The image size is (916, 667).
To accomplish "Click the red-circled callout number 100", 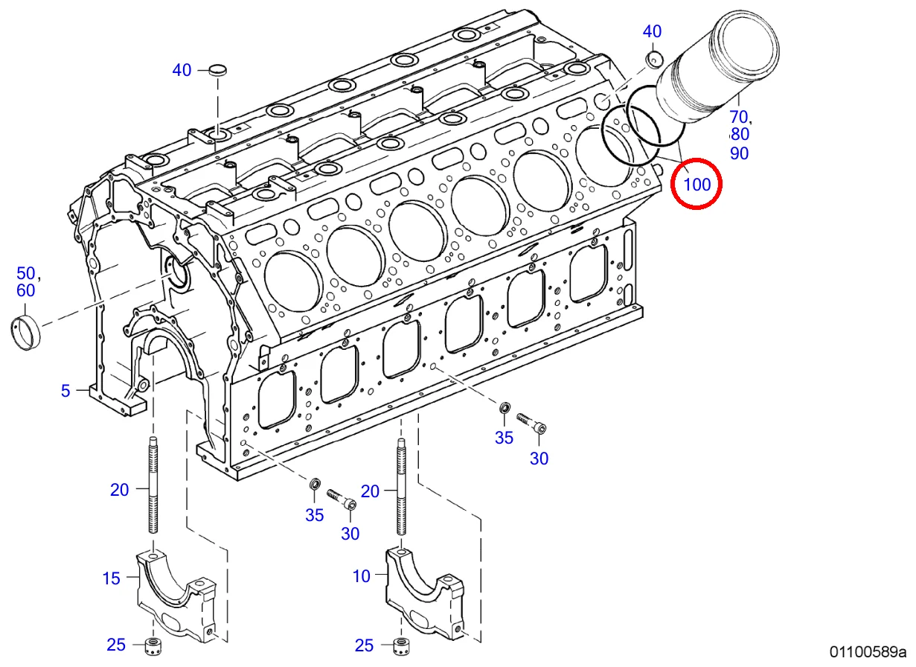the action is click(x=697, y=185).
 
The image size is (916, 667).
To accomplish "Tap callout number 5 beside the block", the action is click(x=65, y=391).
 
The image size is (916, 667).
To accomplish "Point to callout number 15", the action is click(x=111, y=578).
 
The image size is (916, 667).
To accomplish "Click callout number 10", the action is click(x=362, y=576).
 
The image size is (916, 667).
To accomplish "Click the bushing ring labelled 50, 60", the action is click(x=25, y=333).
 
